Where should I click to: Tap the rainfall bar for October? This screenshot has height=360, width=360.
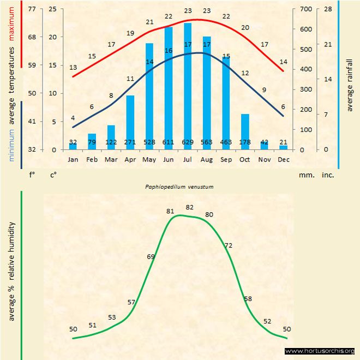[245, 131]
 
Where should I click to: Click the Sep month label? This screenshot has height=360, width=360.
[226, 160]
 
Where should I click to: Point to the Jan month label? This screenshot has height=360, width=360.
[73, 160]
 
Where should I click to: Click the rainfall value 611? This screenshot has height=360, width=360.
[169, 142]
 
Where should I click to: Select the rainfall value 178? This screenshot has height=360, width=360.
[245, 142]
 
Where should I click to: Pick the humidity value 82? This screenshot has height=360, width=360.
[189, 207]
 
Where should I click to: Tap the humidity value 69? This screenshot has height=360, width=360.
[151, 256]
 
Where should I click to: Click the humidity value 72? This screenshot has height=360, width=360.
[229, 245]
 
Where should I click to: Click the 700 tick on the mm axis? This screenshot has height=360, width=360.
[305, 9]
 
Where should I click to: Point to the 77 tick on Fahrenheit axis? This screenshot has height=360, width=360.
[32, 9]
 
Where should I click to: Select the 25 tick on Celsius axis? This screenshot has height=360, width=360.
[52, 9]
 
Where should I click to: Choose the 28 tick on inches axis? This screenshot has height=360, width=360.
[328, 9]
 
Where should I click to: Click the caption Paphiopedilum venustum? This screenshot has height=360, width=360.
[179, 187]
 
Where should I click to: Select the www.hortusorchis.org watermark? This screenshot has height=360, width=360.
[320, 351]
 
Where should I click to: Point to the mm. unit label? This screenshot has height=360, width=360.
[305, 176]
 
